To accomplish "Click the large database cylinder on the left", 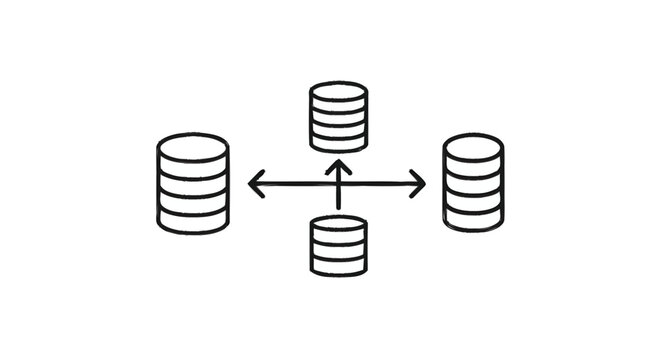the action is click(193, 183).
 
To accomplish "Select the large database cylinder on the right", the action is click(472, 183).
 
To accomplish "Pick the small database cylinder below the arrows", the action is click(338, 246).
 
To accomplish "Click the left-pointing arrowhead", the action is click(254, 184).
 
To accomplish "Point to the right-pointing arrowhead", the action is click(420, 184).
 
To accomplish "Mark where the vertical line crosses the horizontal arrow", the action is click(338, 184).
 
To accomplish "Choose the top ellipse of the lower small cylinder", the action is click(338, 225).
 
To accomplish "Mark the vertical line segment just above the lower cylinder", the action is click(338, 202).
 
